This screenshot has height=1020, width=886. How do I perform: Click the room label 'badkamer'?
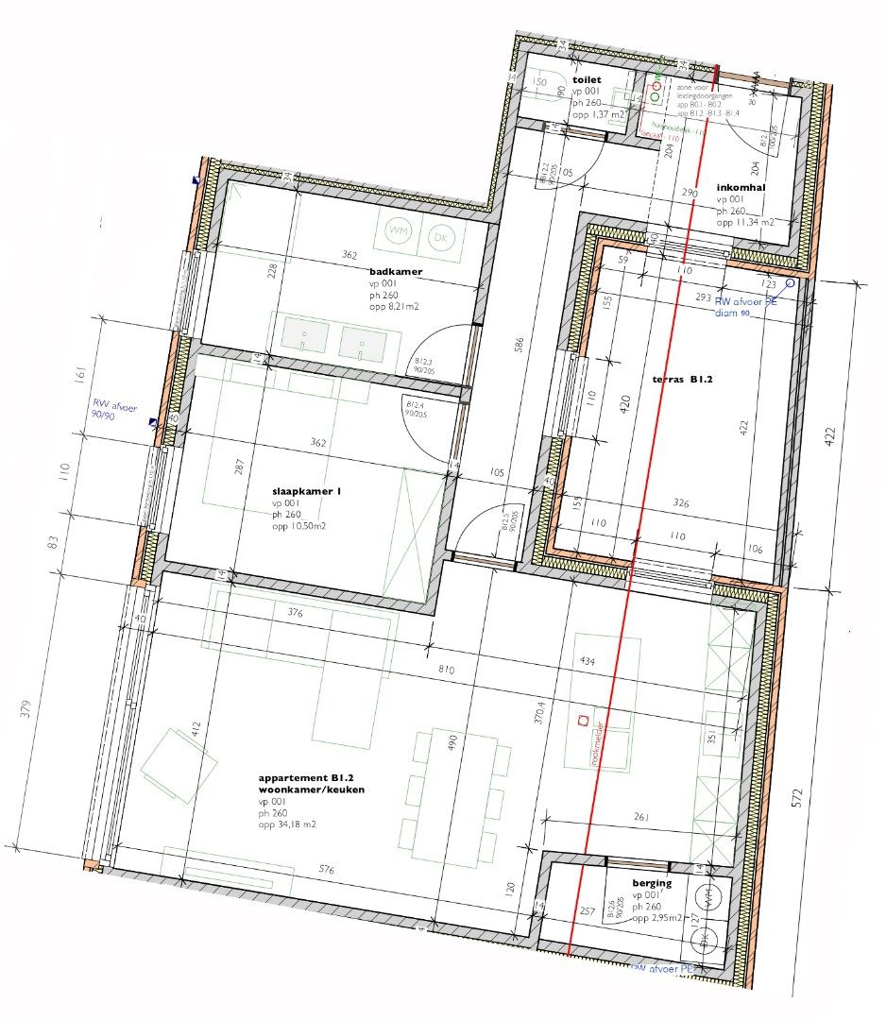395,271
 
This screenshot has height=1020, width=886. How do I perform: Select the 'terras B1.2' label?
681,380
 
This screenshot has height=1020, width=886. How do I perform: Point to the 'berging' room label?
652,883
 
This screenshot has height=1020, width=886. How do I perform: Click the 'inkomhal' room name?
740,187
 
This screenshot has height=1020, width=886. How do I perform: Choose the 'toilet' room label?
586,80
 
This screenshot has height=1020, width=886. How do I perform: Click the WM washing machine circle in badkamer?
400,231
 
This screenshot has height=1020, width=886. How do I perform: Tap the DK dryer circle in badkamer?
439,239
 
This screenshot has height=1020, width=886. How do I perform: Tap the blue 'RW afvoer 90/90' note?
115,413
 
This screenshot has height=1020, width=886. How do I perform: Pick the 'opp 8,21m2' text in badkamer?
395,306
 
